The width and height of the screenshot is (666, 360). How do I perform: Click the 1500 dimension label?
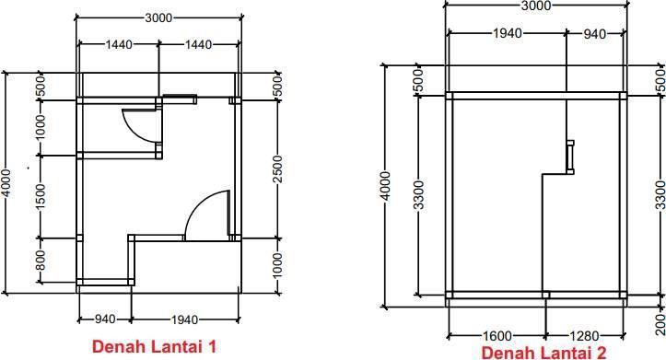pos(40,196)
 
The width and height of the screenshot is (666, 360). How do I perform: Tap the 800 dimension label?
pos(40,261)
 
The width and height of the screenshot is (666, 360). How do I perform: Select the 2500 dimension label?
pos(277,169)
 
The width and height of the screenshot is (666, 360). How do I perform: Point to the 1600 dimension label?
pos(497,336)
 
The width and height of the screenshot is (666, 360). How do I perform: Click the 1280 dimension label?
pos(584,336)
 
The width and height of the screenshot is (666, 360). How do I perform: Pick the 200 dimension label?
pos(660,325)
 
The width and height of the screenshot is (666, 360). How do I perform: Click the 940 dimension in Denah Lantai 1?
pos(104,319)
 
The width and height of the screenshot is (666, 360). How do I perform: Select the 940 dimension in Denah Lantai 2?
pos(595,34)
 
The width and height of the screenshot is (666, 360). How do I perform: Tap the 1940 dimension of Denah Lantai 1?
pos(184,319)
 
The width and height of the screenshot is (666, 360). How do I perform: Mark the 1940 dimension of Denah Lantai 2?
pos(508,33)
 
